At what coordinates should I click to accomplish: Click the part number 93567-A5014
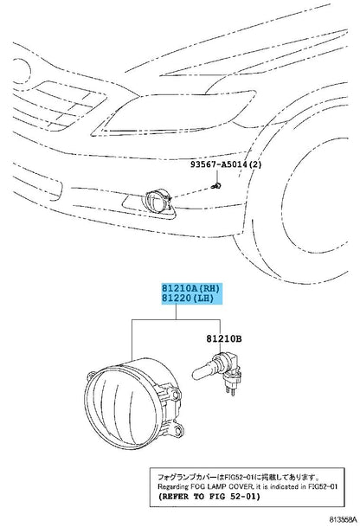[218, 164]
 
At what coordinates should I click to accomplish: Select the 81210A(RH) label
[190, 288]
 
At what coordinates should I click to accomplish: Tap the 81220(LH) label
[188, 298]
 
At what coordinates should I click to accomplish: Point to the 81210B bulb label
[224, 339]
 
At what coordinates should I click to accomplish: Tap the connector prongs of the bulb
[229, 390]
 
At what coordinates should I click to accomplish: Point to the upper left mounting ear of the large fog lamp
[92, 376]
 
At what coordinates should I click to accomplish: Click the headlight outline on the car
[173, 112]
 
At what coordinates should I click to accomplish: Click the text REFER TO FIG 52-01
[209, 497]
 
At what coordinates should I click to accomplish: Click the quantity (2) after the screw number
[255, 164]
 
